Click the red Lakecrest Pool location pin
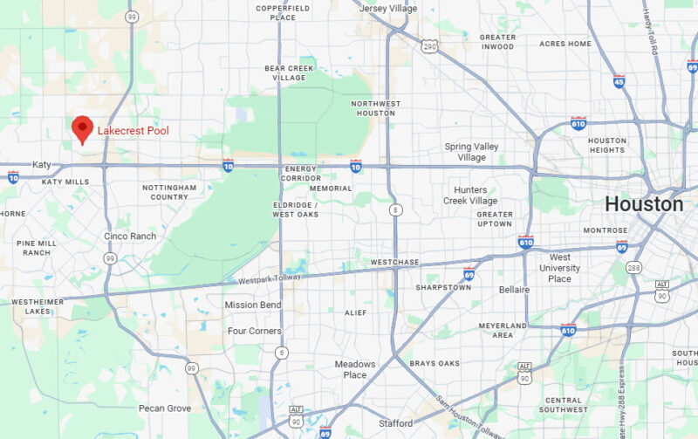(x=82, y=128)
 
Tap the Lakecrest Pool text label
(x=133, y=131)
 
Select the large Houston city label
(x=644, y=204)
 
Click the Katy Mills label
(x=65, y=182)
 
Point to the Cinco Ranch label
(x=129, y=237)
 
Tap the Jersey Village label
(x=387, y=8)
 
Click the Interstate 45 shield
(x=619, y=81)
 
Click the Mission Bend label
(x=253, y=305)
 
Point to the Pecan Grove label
(x=164, y=408)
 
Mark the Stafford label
(x=395, y=423)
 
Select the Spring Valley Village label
(x=471, y=152)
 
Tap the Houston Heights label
(x=606, y=145)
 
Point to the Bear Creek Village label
(x=289, y=72)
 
